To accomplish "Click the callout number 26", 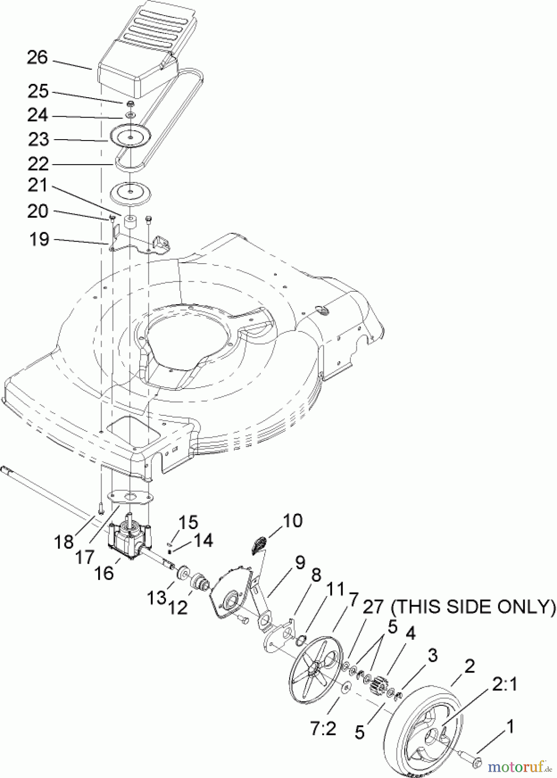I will point(37,58).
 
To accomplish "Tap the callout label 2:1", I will point(505,685).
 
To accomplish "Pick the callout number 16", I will point(103,573).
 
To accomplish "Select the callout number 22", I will point(39,164).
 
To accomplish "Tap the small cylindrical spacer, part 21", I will point(130,223).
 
